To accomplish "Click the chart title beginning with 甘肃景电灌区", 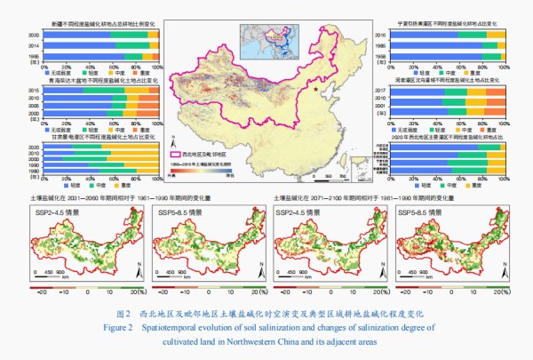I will tap(93, 138).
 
